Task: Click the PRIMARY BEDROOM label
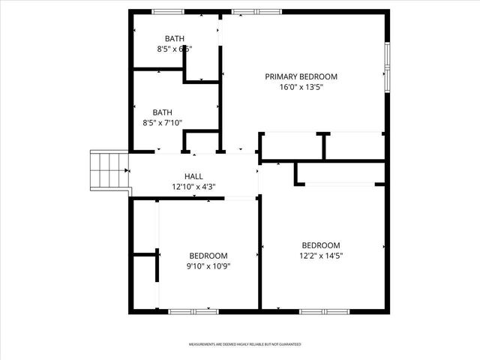click(301, 76)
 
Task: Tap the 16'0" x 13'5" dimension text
click(301, 87)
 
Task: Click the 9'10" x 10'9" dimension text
click(208, 265)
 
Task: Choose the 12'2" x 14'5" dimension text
click(321, 256)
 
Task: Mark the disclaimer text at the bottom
click(244, 344)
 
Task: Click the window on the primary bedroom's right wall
click(387, 66)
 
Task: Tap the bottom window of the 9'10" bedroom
click(193, 310)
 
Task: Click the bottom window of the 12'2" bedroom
click(324, 310)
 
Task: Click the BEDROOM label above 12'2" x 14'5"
click(321, 245)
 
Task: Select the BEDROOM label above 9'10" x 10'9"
click(208, 255)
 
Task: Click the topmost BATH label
click(175, 38)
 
